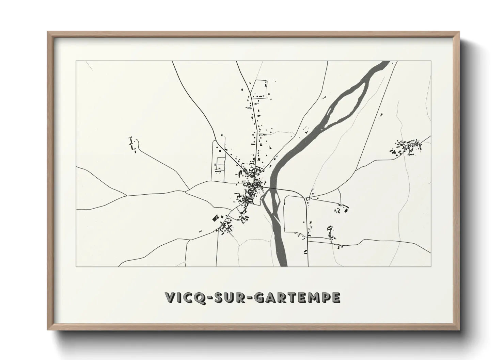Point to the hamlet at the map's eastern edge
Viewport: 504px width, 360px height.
coord(407,147)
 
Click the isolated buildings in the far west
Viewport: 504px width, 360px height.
coord(133,145)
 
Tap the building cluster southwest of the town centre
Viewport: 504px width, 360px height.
coord(223,225)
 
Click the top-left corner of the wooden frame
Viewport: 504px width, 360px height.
coord(48,32)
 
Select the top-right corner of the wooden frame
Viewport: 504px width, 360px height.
coord(458,32)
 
